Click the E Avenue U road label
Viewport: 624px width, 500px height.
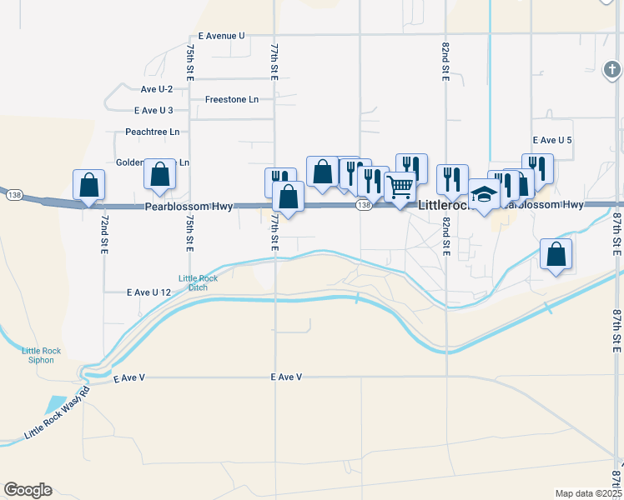pyautogui.click(x=221, y=37)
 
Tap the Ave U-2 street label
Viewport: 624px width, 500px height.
pyautogui.click(x=157, y=89)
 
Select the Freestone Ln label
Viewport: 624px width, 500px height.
pyautogui.click(x=232, y=99)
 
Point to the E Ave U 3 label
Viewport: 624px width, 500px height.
pyautogui.click(x=153, y=110)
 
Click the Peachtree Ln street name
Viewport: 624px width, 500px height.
pyautogui.click(x=152, y=132)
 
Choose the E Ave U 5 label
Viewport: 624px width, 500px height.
pyautogui.click(x=551, y=140)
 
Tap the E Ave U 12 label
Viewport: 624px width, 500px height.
pyautogui.click(x=148, y=292)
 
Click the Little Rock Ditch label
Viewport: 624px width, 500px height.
pyautogui.click(x=198, y=283)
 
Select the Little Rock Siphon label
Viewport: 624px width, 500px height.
pyautogui.click(x=38, y=355)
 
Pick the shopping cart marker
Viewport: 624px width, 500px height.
pyautogui.click(x=400, y=187)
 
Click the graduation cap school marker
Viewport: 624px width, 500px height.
pyautogui.click(x=484, y=194)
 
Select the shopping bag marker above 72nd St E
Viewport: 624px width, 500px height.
pyautogui.click(x=88, y=185)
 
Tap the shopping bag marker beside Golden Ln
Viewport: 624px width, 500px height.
pyautogui.click(x=159, y=173)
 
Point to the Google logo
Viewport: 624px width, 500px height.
pyautogui.click(x=28, y=490)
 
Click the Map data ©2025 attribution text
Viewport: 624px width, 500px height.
pyautogui.click(x=588, y=493)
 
